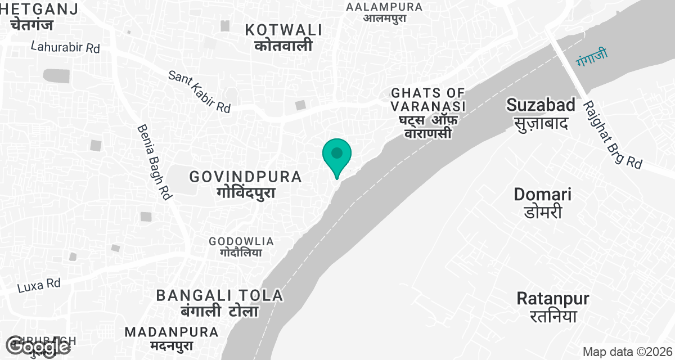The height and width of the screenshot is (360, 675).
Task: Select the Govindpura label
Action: [246, 183]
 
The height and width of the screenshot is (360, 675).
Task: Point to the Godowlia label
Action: [241, 246]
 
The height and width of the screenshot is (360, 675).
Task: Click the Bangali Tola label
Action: [219, 303]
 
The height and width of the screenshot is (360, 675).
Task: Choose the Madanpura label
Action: [172, 338]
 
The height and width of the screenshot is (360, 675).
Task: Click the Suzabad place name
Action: [541, 112]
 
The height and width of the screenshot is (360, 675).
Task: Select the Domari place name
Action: [542, 202]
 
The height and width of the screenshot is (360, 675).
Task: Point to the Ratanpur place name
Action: [552, 306]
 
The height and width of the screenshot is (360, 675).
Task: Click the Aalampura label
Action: [384, 12]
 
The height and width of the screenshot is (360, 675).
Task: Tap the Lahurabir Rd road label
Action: [65, 47]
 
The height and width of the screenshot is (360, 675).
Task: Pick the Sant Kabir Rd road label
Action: [200, 92]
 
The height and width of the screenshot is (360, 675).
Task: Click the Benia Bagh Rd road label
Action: [154, 162]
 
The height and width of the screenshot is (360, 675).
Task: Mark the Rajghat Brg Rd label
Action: [612, 134]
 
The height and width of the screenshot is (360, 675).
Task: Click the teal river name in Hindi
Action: [592, 56]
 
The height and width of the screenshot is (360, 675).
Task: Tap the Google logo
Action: [38, 347]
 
